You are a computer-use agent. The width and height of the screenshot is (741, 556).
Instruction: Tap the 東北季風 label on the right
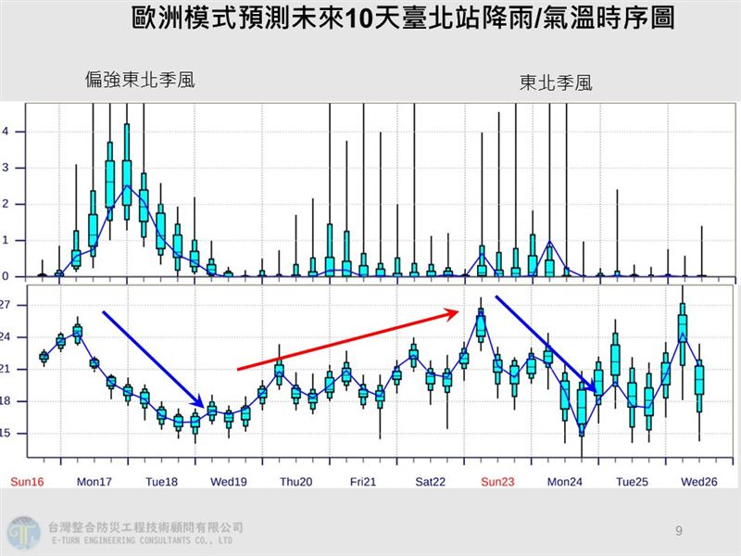(556, 83)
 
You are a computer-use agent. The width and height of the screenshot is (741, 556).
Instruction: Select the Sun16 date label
(27, 482)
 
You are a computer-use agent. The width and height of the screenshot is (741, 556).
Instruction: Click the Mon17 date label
(94, 482)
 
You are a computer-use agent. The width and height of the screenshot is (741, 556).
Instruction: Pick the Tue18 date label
(161, 482)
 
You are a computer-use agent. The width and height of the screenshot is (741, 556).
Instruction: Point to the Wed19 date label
(229, 482)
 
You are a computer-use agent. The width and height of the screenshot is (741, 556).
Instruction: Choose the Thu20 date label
(295, 482)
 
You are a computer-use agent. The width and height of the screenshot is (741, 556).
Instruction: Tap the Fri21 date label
(363, 482)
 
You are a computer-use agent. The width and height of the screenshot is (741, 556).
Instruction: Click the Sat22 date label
(430, 482)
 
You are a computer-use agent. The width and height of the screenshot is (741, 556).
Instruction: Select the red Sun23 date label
(497, 482)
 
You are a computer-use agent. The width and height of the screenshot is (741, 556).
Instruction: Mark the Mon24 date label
(564, 482)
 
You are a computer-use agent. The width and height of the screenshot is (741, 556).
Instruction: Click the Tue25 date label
(632, 482)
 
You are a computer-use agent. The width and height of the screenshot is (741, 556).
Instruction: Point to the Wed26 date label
(698, 482)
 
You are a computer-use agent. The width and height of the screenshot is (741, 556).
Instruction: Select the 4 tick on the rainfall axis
(5, 132)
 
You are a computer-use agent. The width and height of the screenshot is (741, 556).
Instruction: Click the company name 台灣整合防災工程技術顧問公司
(144, 526)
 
